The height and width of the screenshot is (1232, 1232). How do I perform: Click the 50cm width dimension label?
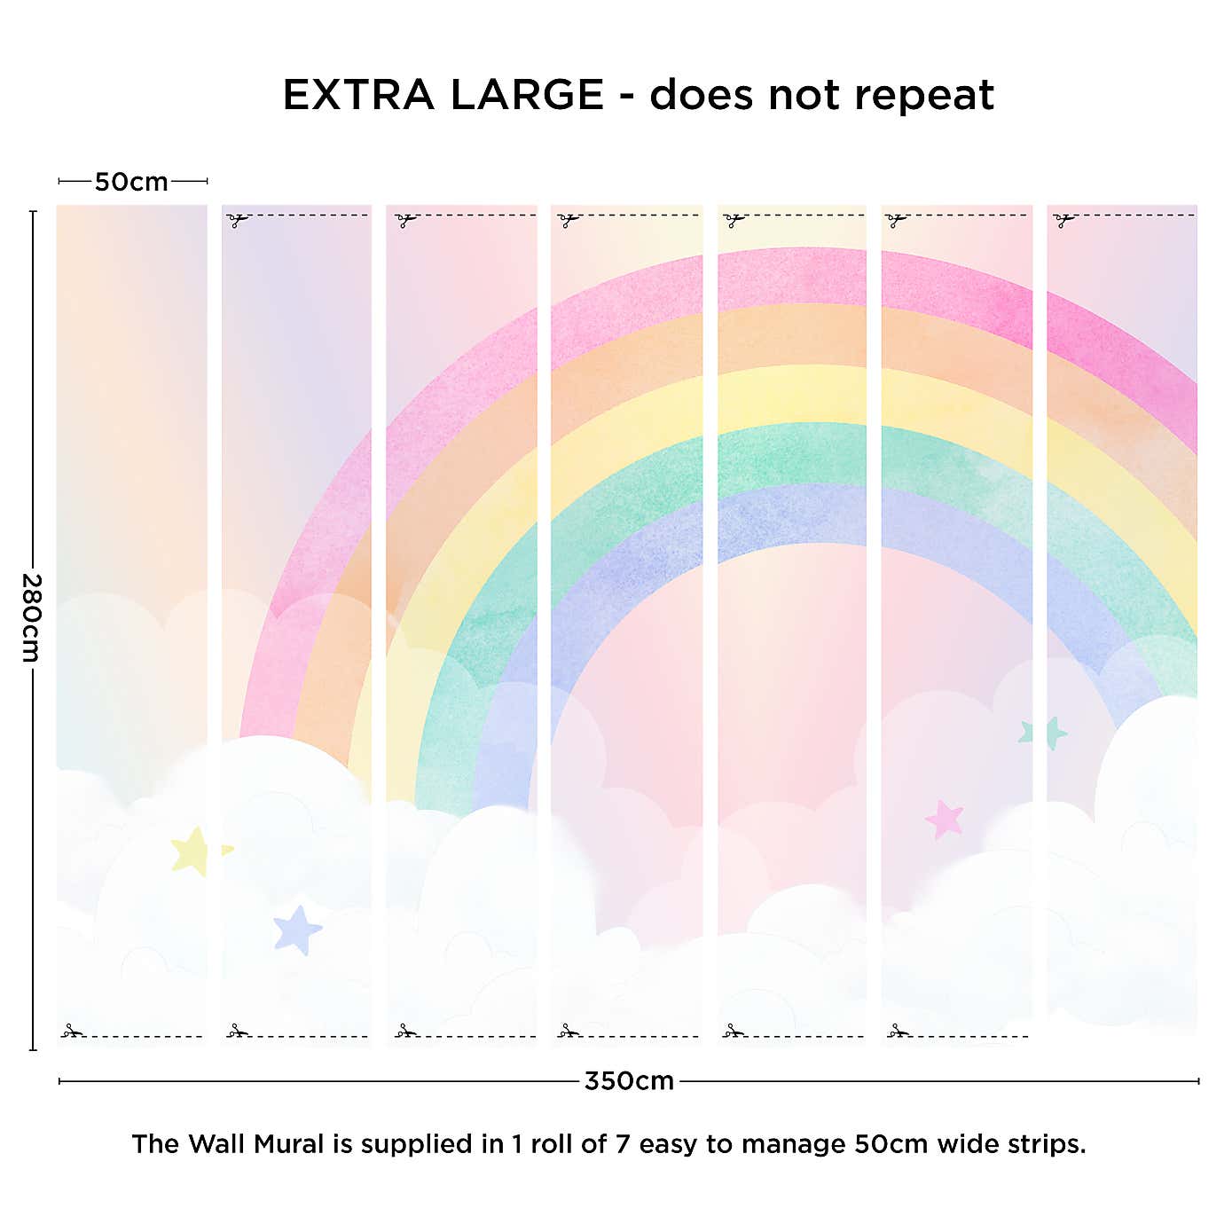tap(131, 182)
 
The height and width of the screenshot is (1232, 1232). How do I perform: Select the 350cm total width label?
tap(629, 1081)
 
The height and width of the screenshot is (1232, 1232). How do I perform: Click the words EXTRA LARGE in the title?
tap(443, 95)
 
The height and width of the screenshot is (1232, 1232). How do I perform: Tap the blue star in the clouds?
tap(297, 930)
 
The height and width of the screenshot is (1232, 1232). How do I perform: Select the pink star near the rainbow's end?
tap(945, 819)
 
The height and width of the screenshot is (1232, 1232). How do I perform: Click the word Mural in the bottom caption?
tap(288, 1144)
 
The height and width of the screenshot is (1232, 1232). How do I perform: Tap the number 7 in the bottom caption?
tap(623, 1144)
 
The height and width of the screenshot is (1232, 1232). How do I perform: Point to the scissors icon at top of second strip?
tap(237, 219)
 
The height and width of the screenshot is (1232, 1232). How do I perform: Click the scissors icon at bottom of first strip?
tap(72, 1031)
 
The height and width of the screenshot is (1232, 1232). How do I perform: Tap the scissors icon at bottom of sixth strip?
tap(898, 1031)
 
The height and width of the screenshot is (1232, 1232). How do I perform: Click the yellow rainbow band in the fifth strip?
tap(791, 395)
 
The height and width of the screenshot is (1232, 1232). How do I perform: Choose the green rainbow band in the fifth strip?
tap(791, 454)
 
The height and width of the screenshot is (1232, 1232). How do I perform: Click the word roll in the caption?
tap(552, 1144)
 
